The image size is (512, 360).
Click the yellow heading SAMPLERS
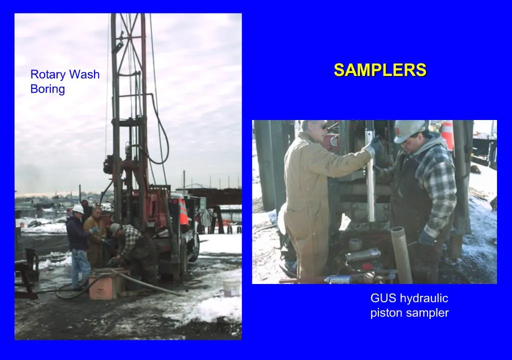click(380, 70)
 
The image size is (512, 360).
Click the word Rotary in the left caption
click(48, 75)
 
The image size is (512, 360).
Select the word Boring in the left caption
click(47, 89)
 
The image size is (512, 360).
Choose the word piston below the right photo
click(385, 313)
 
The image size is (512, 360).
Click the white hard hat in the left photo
click(78, 209)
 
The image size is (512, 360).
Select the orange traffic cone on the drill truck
click(183, 212)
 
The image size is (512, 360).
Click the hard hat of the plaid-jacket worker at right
click(409, 130)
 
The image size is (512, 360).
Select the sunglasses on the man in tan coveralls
click(322, 126)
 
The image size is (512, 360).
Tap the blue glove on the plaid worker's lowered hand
click(426, 237)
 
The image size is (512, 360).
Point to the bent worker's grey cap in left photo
click(114, 228)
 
